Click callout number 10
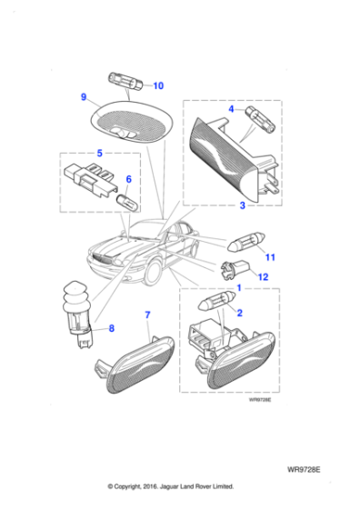(157, 86)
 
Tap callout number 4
(232, 109)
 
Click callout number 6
(128, 179)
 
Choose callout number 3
(242, 205)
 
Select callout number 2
(241, 312)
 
